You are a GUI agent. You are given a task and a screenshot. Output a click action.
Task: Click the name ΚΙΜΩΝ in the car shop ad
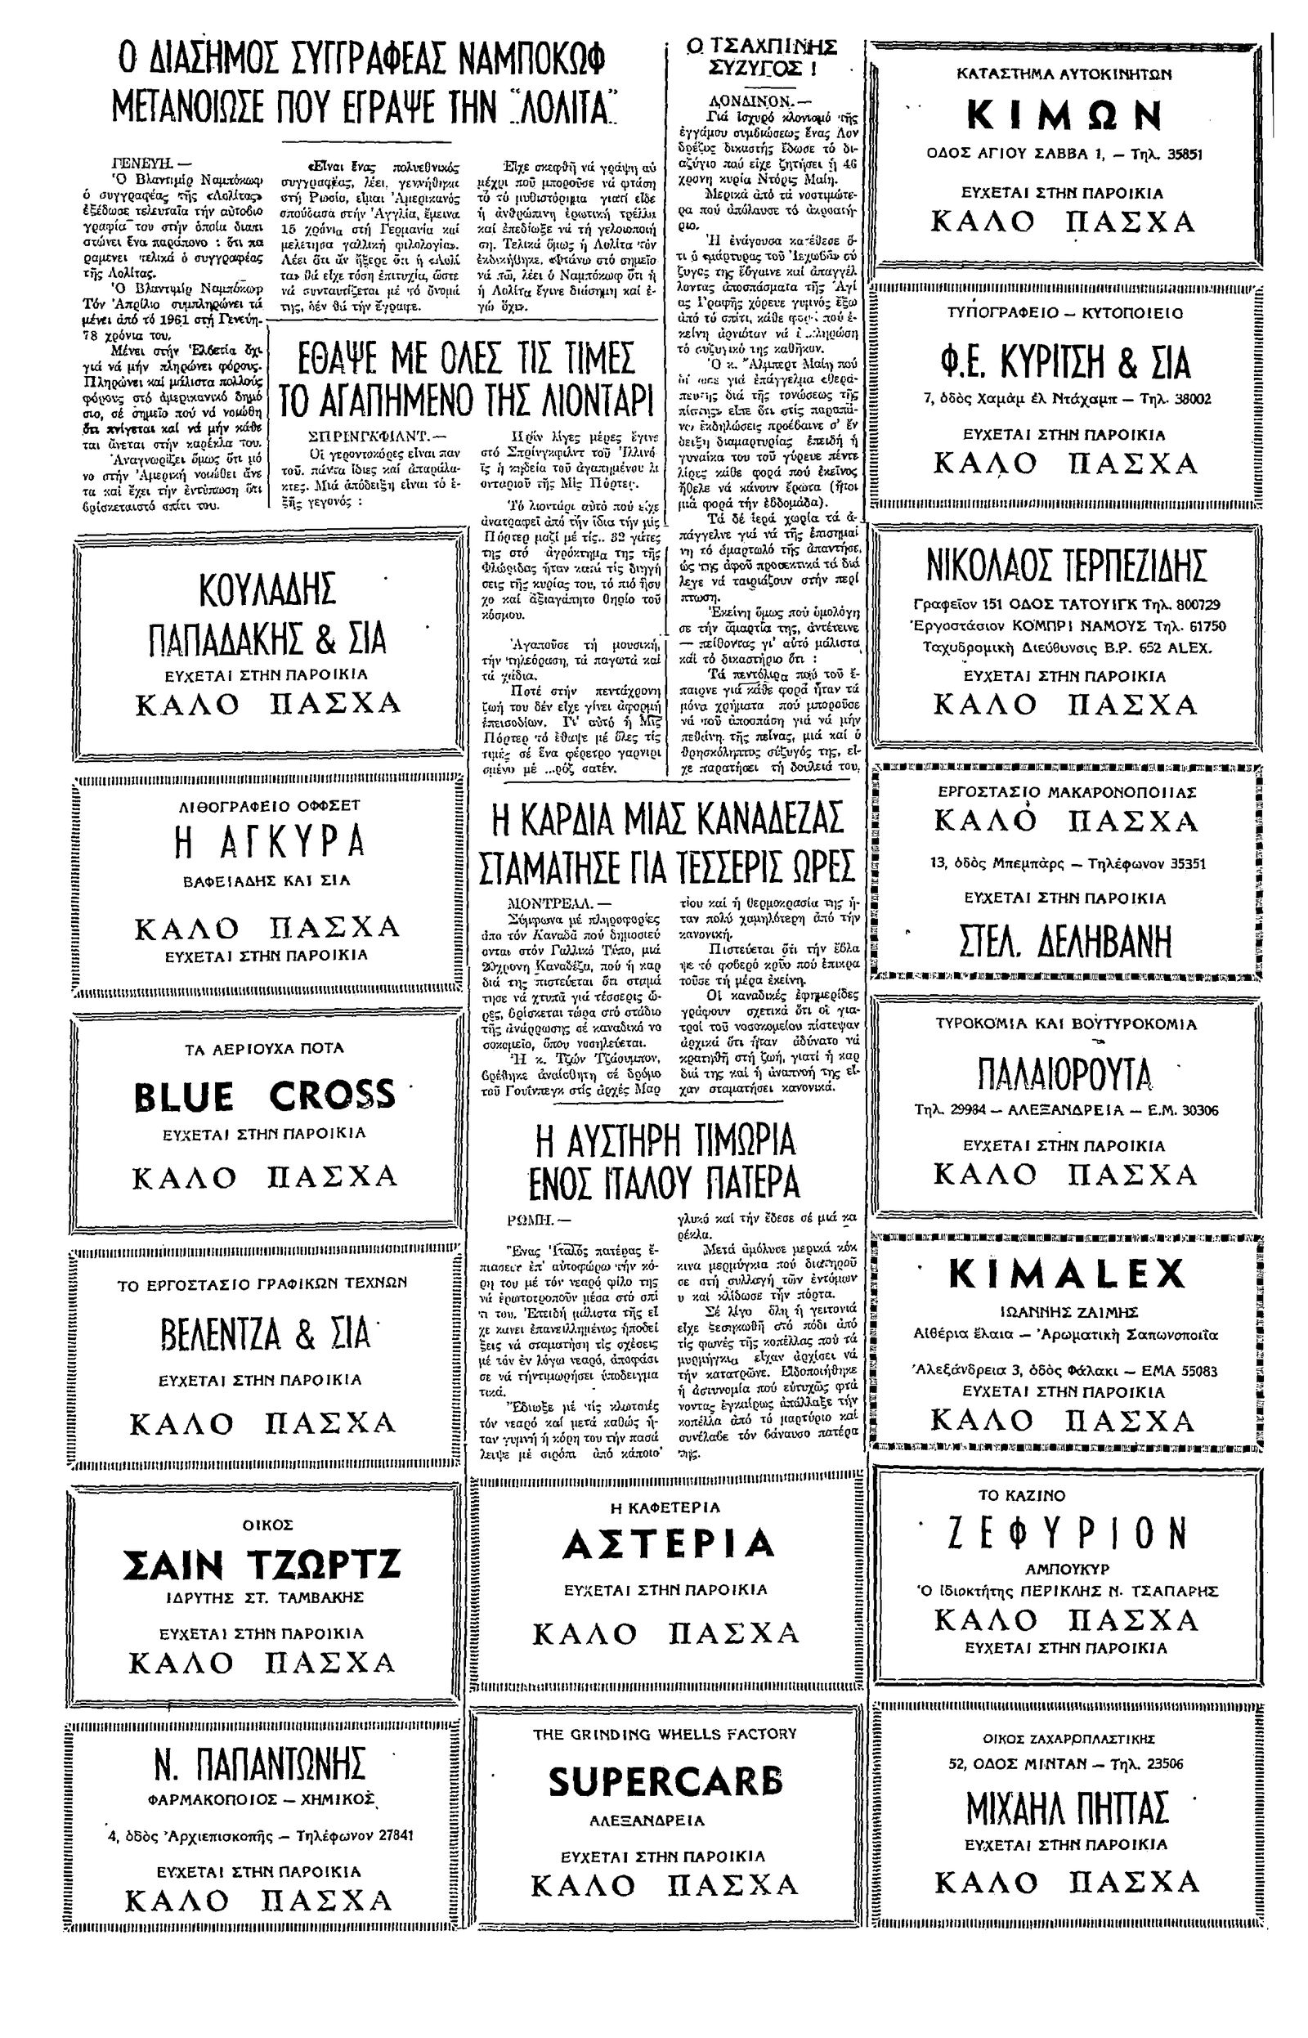tap(1065, 114)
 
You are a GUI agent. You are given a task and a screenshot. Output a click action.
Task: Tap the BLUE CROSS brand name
tap(265, 1095)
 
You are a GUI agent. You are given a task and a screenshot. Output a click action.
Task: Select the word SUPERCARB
tap(665, 1781)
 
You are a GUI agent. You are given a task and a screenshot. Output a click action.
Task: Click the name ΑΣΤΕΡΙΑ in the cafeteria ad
tap(669, 1543)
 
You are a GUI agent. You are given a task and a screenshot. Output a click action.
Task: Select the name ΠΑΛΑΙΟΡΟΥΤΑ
tap(1065, 1074)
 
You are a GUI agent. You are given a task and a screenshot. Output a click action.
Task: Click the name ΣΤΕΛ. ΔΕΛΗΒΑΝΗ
tap(1065, 942)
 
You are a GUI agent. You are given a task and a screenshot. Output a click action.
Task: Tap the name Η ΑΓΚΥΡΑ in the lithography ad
tap(268, 842)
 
